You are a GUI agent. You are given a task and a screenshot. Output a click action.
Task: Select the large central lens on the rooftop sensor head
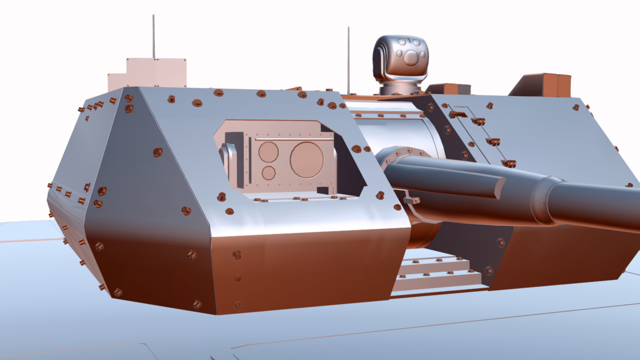pyautogui.click(x=411, y=58)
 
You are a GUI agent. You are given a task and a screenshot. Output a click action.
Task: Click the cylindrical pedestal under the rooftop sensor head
pyautogui.click(x=401, y=88)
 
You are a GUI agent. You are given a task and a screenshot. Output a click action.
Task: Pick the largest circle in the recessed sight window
pyautogui.click(x=306, y=159)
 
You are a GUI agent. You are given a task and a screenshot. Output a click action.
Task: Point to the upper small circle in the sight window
pyautogui.click(x=268, y=151)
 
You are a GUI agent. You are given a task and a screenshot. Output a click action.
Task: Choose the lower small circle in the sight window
pyautogui.click(x=268, y=172)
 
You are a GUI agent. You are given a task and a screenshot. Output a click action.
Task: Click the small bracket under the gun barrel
pyautogui.click(x=411, y=201)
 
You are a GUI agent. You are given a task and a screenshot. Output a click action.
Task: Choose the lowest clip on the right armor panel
pyautogui.click(x=508, y=164)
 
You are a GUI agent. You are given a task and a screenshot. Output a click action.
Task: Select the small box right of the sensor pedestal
pyautogui.click(x=447, y=89)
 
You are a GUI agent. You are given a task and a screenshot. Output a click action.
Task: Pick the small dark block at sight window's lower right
pyautogui.click(x=323, y=190)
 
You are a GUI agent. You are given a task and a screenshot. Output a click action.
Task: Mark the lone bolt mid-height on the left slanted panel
pyautogui.click(x=158, y=152)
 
